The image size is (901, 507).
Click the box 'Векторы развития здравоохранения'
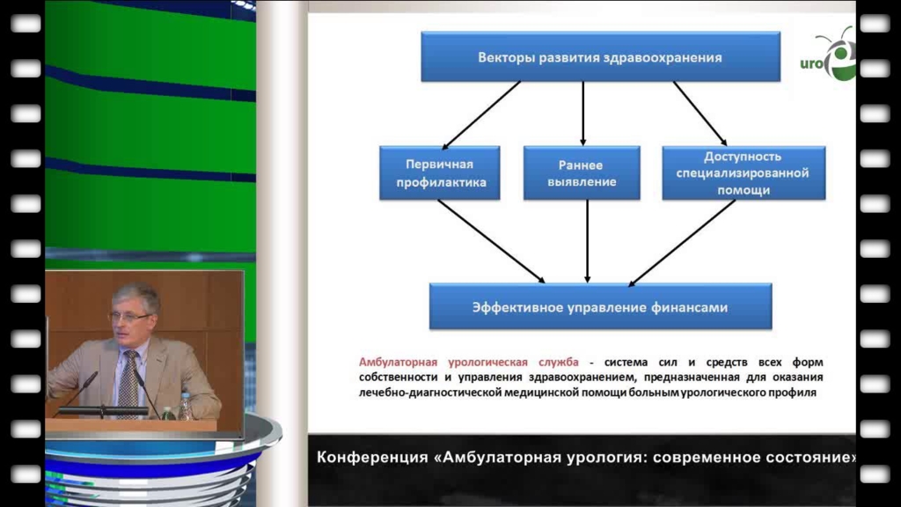pyautogui.click(x=600, y=56)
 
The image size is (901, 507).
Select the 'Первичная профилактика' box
pyautogui.click(x=440, y=173)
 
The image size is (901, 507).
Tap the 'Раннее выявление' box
pyautogui.click(x=582, y=173)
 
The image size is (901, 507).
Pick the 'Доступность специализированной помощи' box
pyautogui.click(x=744, y=173)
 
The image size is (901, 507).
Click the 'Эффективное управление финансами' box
pyautogui.click(x=600, y=306)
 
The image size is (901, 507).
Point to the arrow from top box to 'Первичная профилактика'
pyautogui.click(x=481, y=115)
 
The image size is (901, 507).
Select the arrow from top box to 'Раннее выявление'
pyautogui.click(x=583, y=114)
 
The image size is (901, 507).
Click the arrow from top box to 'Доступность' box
pyautogui.click(x=700, y=114)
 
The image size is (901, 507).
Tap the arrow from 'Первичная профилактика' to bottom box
pyautogui.click(x=491, y=241)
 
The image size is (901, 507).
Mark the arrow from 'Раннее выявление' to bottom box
pyautogui.click(x=587, y=241)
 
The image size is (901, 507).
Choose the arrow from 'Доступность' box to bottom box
pyautogui.click(x=682, y=243)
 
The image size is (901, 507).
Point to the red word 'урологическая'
pyautogui.click(x=487, y=363)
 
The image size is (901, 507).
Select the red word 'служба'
pyautogui.click(x=559, y=362)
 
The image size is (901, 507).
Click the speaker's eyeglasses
pyautogui.click(x=130, y=316)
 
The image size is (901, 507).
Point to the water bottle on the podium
pyautogui.click(x=185, y=407)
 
